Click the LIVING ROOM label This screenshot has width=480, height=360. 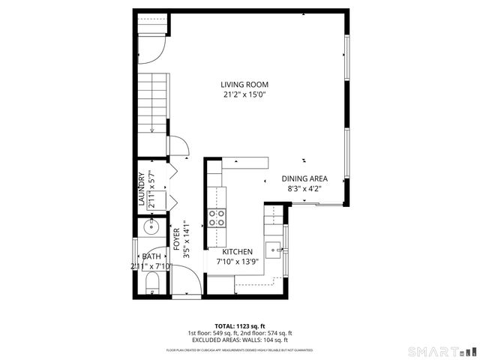tap(244, 85)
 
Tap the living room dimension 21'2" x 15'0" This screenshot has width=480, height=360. tap(244, 95)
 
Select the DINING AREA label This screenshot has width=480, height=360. tap(304, 178)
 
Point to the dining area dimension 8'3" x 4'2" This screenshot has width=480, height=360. tap(304, 189)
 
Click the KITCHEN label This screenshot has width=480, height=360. tap(237, 252)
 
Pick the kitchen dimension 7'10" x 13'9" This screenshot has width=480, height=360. tap(237, 262)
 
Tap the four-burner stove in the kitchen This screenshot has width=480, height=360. tap(217, 218)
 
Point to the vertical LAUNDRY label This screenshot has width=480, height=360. tap(141, 189)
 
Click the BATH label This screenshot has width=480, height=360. tap(151, 256)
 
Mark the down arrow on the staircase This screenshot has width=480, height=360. tap(152, 128)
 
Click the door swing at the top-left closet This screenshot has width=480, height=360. tap(153, 49)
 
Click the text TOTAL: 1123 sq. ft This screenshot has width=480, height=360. tap(240, 326)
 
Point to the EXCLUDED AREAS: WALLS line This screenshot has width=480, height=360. tap(240, 340)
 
